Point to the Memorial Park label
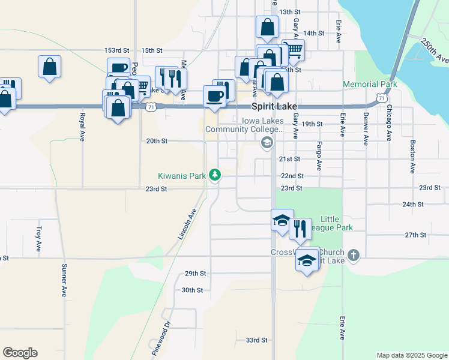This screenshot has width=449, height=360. [370, 85]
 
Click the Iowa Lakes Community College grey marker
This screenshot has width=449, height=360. [267, 143]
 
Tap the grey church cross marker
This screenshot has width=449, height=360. [354, 254]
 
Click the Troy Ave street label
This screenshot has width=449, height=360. [39, 238]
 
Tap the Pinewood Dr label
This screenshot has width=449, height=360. [161, 340]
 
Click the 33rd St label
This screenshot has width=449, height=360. [256, 340]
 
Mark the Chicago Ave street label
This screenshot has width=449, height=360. [389, 125]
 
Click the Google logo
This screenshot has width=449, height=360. [20, 353]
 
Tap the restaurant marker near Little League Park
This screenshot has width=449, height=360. [300, 229]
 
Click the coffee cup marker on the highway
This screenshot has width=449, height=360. [214, 96]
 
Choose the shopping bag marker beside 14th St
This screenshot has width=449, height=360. [267, 26]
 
